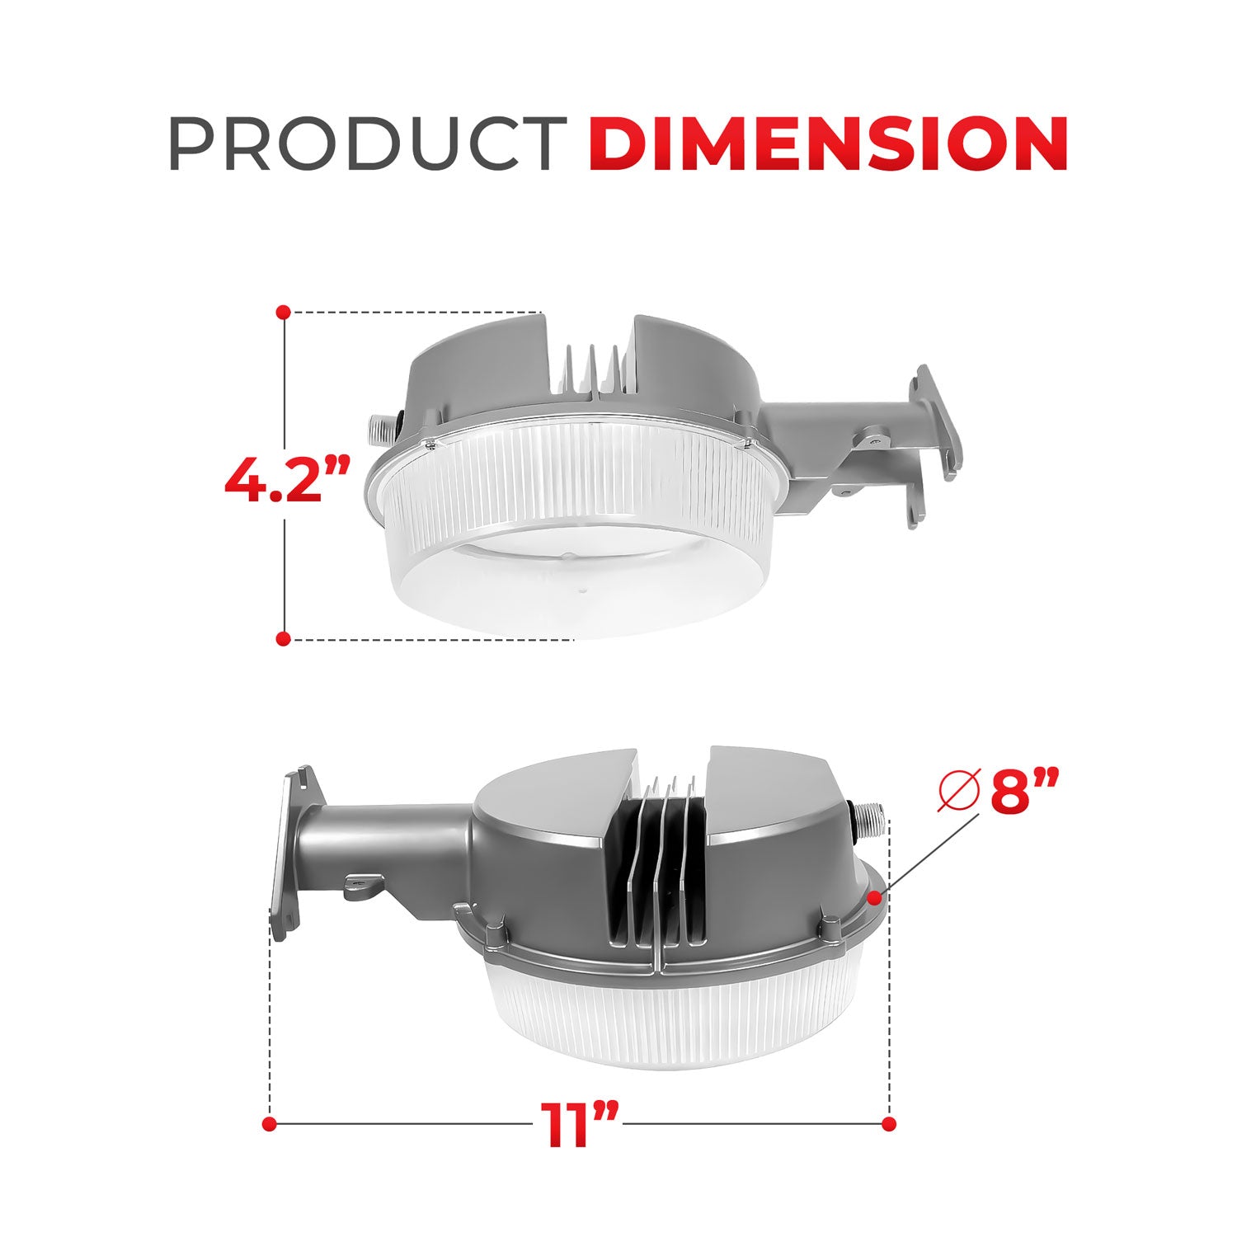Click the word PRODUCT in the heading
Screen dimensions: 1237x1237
click(x=366, y=144)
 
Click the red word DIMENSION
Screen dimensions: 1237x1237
click(x=828, y=144)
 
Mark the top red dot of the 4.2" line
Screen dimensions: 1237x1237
click(x=283, y=313)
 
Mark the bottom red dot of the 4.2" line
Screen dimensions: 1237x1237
click(x=283, y=638)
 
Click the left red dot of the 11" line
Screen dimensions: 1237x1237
click(x=268, y=1123)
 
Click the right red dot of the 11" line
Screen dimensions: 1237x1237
click(x=888, y=1123)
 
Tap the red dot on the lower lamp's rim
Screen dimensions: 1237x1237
click(x=876, y=895)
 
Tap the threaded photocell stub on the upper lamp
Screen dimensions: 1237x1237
click(x=378, y=429)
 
